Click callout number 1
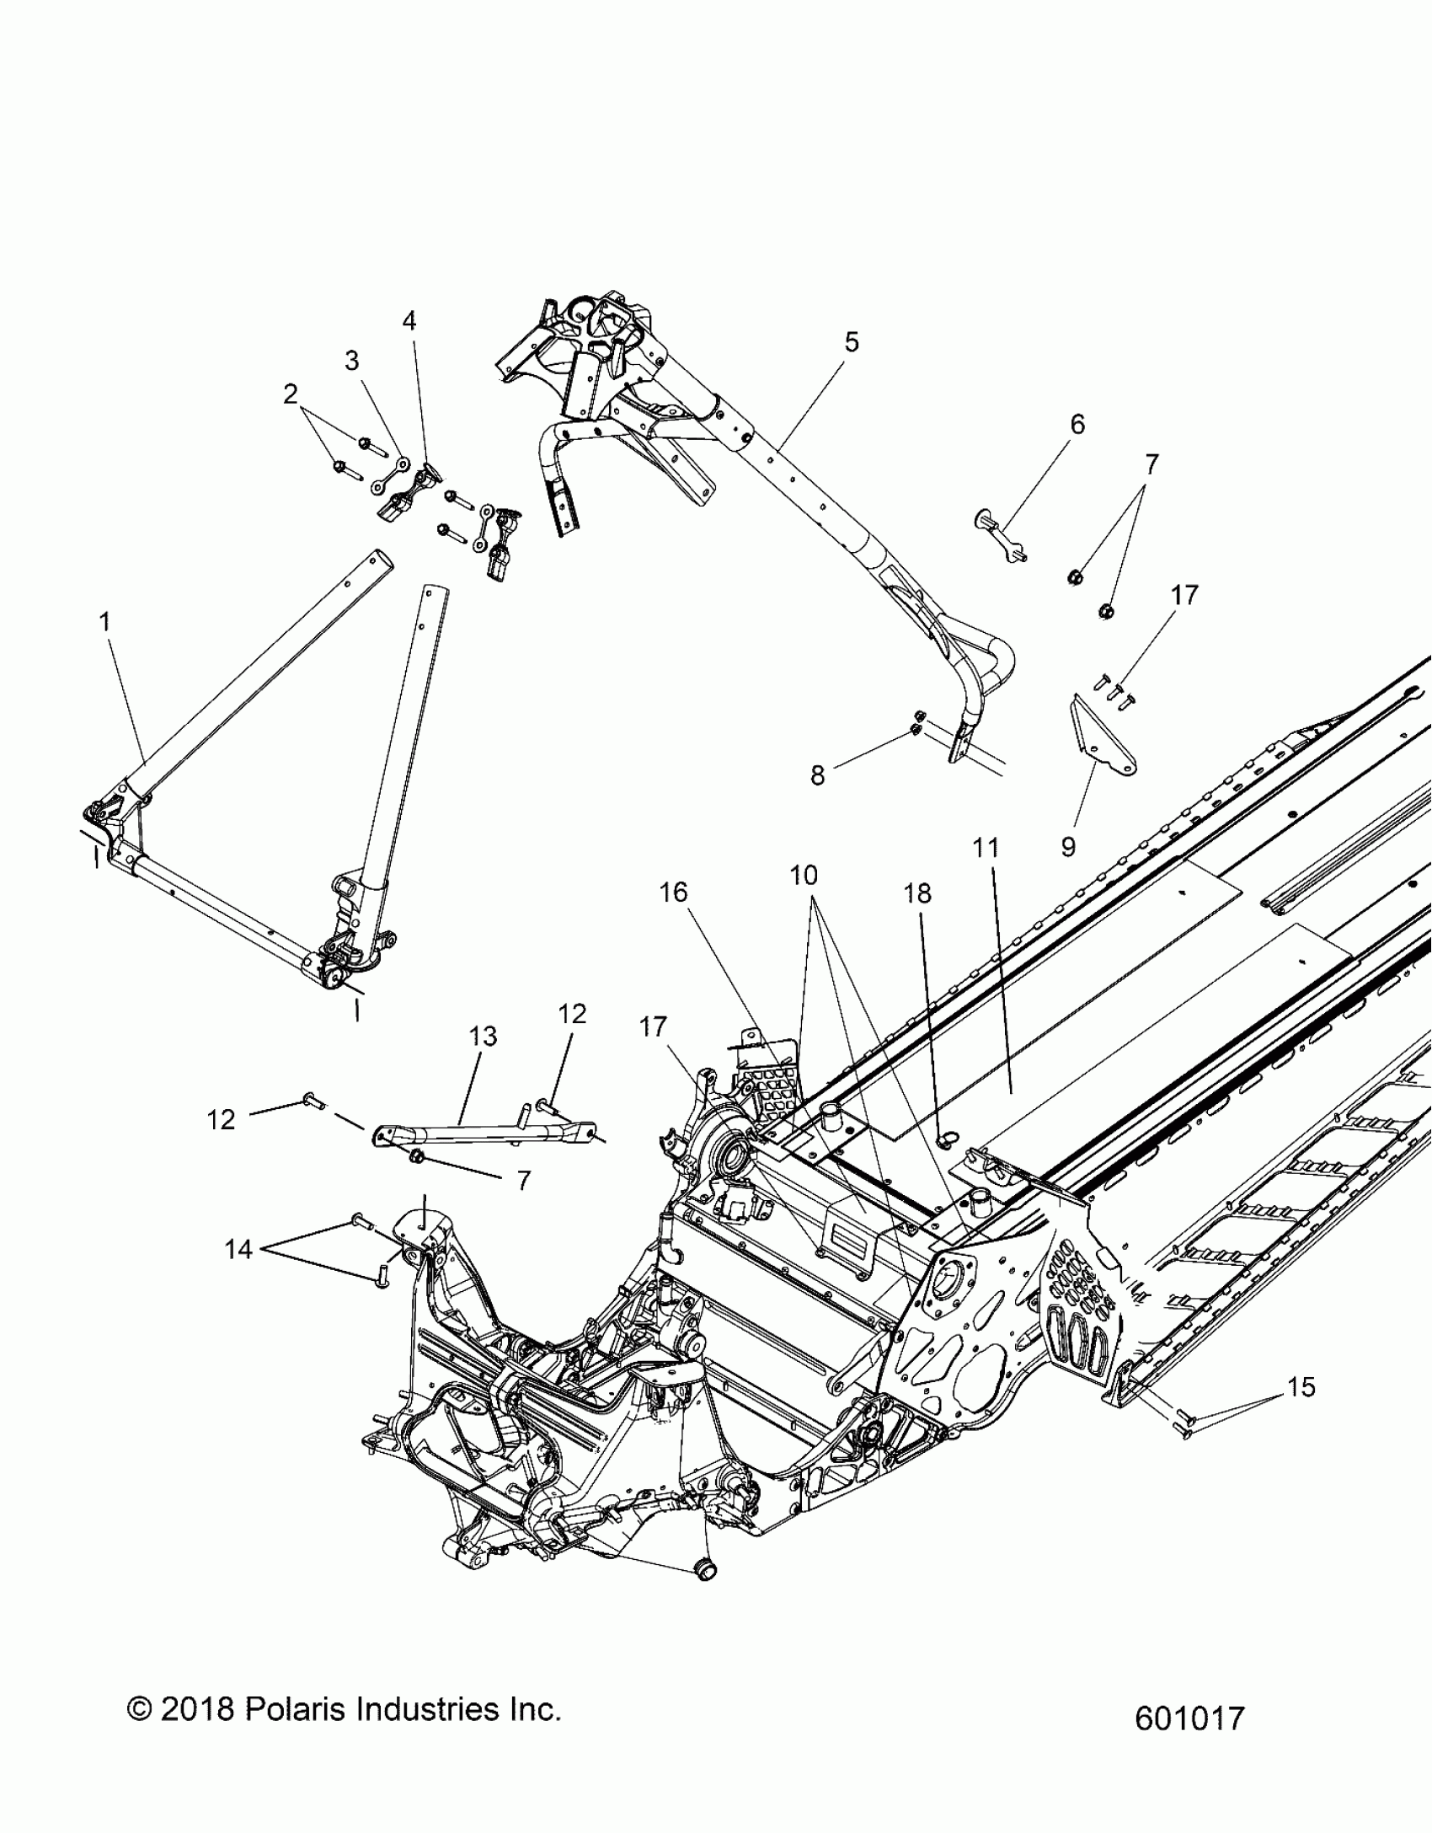click(x=104, y=622)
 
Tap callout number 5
click(x=852, y=342)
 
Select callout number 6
click(x=1077, y=424)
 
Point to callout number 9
click(x=1068, y=846)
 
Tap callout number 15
click(x=1301, y=1386)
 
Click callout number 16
click(x=674, y=892)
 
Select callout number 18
click(x=918, y=892)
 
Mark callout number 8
click(x=817, y=775)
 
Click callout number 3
click(x=352, y=361)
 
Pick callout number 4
click(x=409, y=320)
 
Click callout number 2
click(x=291, y=394)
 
